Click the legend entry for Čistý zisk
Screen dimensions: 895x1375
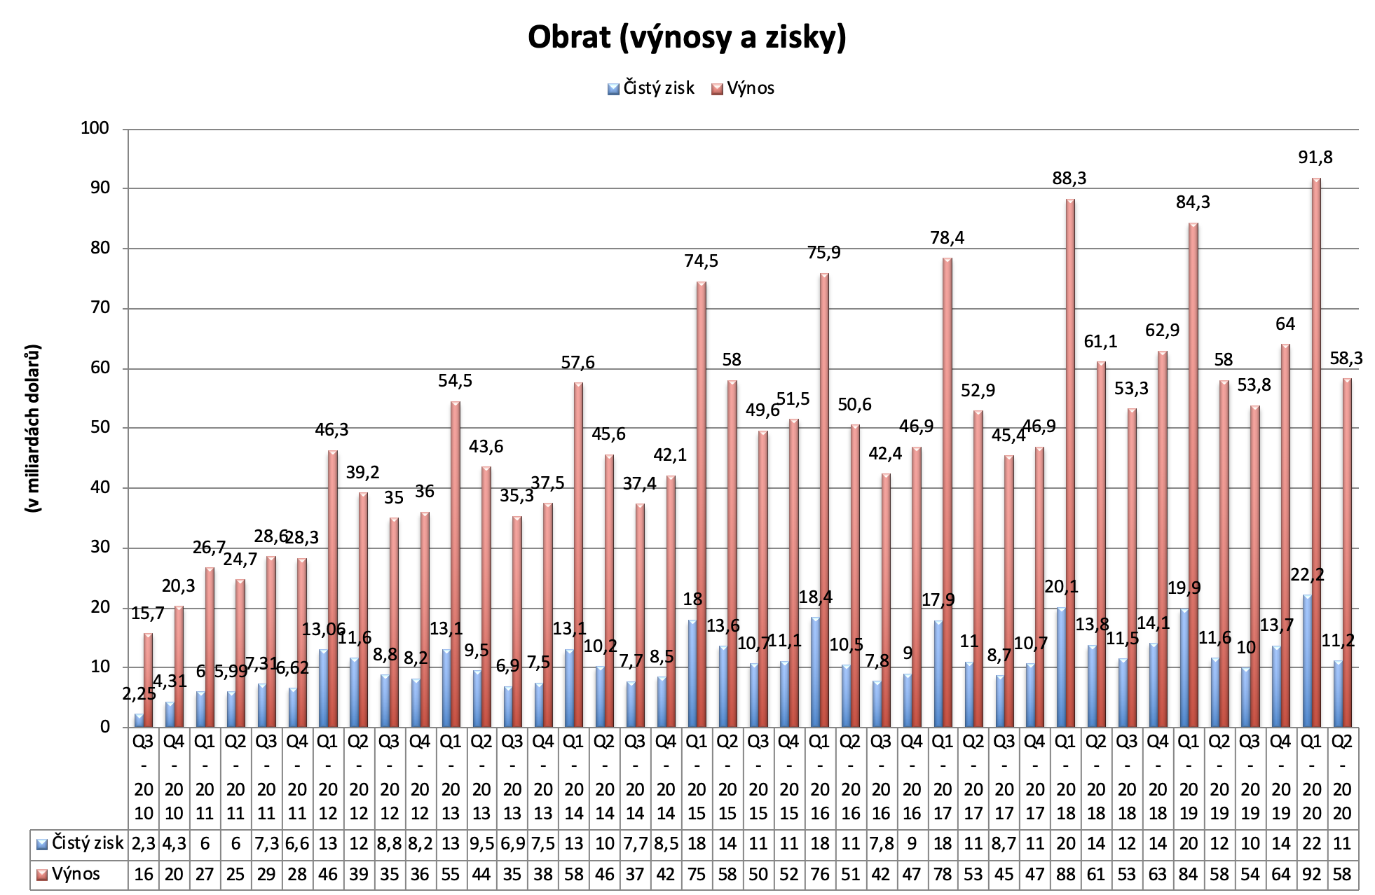(651, 88)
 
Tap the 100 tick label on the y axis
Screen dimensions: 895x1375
(96, 128)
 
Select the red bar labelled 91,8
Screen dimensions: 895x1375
(1316, 455)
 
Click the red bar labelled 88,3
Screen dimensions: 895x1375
(1070, 462)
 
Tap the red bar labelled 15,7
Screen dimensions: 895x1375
(148, 679)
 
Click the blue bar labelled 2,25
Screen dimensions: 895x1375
(139, 720)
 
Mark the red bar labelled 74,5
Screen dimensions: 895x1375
(701, 504)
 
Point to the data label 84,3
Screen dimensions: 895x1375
(1193, 203)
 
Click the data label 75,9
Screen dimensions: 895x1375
(823, 253)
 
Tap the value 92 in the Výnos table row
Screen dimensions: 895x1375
(1312, 874)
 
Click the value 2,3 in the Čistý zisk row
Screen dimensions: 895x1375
(143, 843)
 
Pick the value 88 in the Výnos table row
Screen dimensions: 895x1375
(1066, 874)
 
